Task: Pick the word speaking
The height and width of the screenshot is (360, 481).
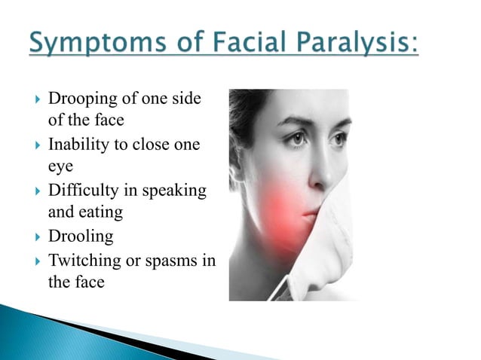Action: [177, 191]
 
